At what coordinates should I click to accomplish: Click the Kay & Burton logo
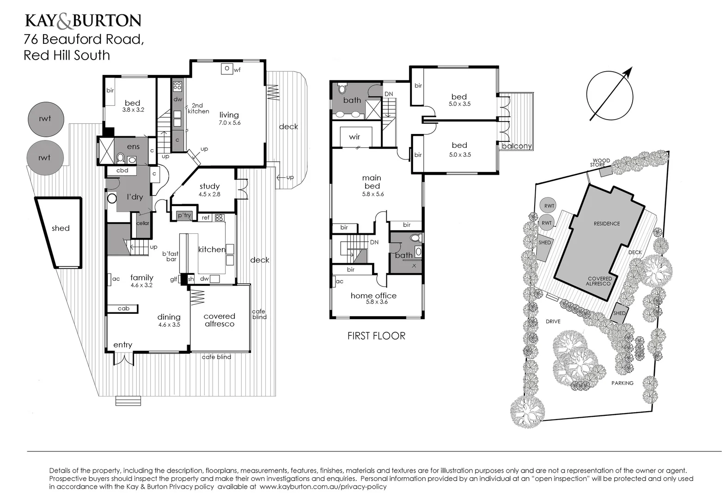[83, 21]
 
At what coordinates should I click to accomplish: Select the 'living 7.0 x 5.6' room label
[229, 118]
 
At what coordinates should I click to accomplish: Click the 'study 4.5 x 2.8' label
[209, 189]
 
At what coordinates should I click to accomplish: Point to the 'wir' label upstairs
[354, 137]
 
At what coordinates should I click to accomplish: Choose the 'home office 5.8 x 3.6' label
[373, 298]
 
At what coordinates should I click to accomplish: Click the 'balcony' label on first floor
[517, 146]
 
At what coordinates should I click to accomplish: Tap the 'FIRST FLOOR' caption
[376, 336]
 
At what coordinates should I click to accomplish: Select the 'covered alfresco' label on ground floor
[220, 320]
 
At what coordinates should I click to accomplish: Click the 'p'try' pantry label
[184, 215]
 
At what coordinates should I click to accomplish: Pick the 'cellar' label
[143, 223]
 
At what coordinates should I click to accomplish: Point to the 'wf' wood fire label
[238, 70]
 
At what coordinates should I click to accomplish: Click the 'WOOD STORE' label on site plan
[601, 163]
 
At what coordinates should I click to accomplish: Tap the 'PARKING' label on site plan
[622, 383]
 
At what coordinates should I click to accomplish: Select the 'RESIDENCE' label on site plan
[607, 224]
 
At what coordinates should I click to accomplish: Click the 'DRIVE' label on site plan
[553, 321]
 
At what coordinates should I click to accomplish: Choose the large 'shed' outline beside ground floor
[60, 228]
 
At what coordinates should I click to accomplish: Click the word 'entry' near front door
[122, 345]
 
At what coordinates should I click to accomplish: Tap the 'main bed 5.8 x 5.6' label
[372, 185]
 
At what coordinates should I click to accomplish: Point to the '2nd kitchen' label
[198, 108]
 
